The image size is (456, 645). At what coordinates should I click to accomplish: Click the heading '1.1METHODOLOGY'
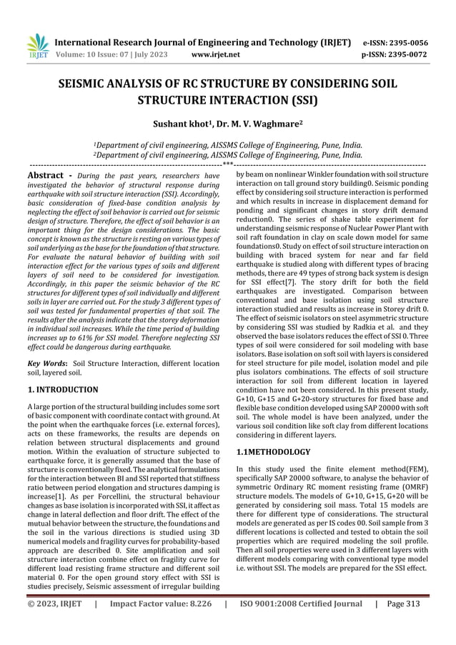(273, 452)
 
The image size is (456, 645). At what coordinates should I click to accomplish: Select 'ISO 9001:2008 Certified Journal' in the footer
(300, 624)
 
